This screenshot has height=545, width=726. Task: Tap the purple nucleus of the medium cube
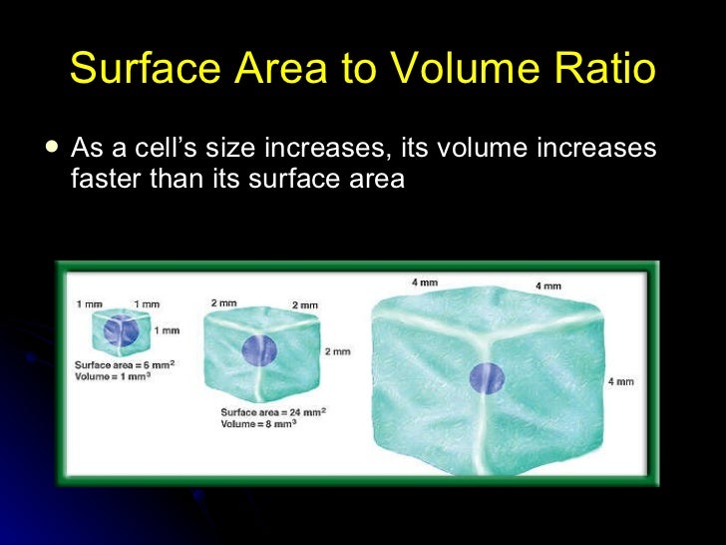pyautogui.click(x=259, y=349)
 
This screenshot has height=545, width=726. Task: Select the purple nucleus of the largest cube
pyautogui.click(x=488, y=378)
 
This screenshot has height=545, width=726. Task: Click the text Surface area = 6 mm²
pyautogui.click(x=125, y=365)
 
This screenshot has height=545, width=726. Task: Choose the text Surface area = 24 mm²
pyautogui.click(x=275, y=411)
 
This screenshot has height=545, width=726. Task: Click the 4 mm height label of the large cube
pyautogui.click(x=619, y=382)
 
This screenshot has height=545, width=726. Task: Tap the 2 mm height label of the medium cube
pyautogui.click(x=336, y=351)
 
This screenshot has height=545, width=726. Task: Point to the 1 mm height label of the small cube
pyautogui.click(x=170, y=330)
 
